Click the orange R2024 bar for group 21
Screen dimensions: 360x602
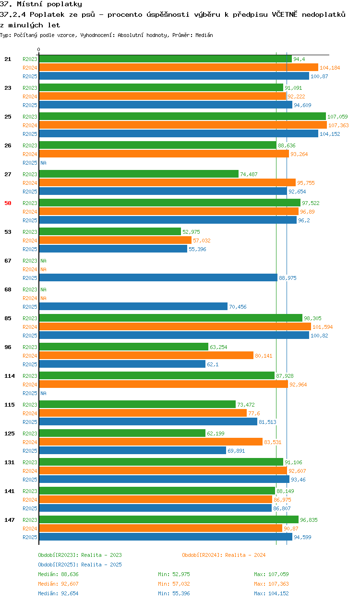(x=179, y=68)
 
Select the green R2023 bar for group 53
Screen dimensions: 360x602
(x=110, y=231)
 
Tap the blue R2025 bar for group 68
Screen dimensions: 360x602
(x=133, y=306)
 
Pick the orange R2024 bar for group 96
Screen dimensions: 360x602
(x=146, y=355)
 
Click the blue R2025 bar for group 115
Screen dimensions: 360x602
(x=148, y=421)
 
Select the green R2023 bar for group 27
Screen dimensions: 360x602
(x=139, y=174)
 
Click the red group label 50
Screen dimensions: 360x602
(x=8, y=203)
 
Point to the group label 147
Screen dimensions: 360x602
(x=10, y=520)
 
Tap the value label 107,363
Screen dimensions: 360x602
(x=338, y=125)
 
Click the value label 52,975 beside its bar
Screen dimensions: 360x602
(x=191, y=232)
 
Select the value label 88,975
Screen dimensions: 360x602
(x=288, y=278)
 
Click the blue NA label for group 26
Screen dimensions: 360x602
(x=43, y=163)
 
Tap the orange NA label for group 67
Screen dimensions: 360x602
(x=43, y=269)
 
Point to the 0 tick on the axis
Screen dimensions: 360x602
(x=39, y=49)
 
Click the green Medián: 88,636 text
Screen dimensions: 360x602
(x=58, y=574)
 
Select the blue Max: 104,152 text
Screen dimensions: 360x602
(x=271, y=593)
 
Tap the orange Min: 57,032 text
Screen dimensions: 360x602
(x=174, y=584)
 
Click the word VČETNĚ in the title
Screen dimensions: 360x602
(x=285, y=14)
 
